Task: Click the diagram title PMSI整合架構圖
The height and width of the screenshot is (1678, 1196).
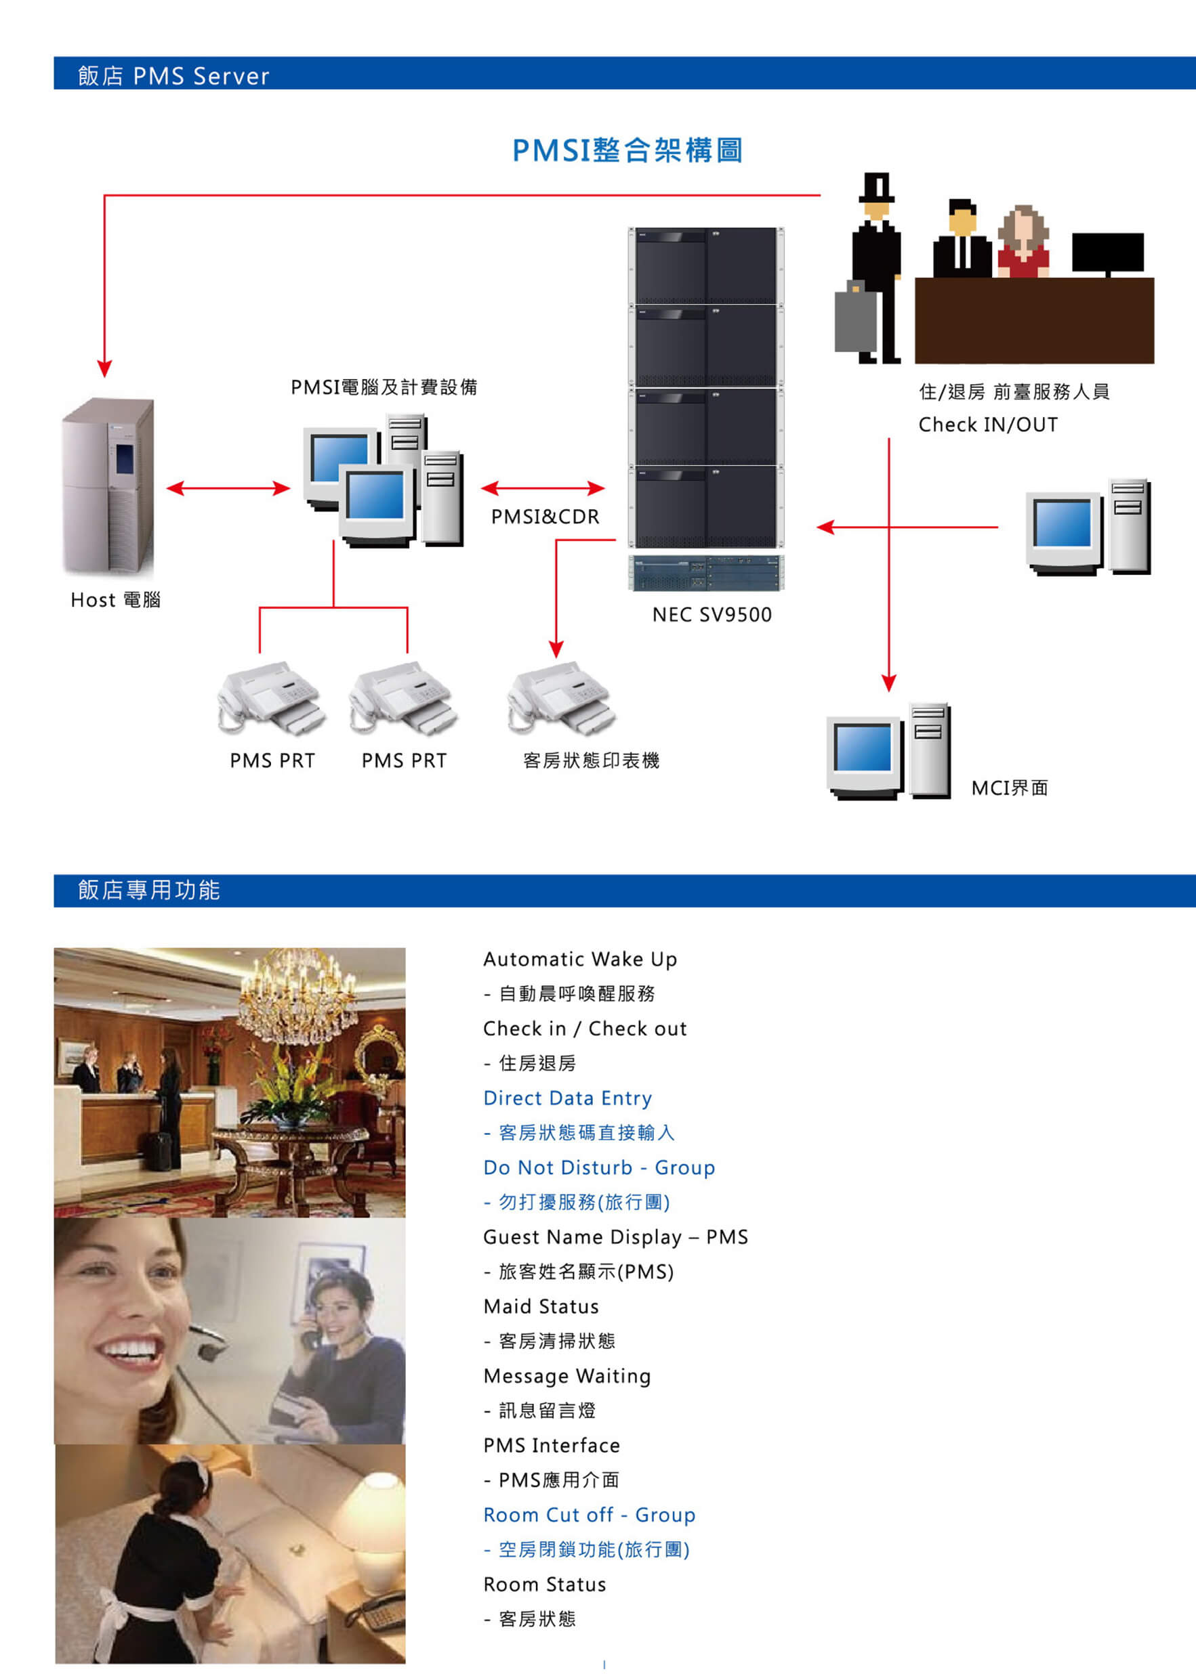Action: [x=627, y=151]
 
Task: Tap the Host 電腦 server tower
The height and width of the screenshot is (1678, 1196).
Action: [x=109, y=485]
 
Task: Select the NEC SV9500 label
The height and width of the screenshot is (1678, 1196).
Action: [x=712, y=615]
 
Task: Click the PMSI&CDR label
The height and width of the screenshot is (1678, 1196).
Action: [x=545, y=517]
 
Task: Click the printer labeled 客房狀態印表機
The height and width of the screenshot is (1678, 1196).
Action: [x=560, y=698]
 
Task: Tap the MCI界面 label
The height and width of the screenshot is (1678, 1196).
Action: [x=1009, y=788]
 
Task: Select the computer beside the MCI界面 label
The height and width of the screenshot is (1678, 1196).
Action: [x=889, y=752]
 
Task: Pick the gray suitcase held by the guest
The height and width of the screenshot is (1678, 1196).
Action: [x=854, y=320]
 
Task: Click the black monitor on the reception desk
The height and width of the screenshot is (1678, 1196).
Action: [x=1108, y=253]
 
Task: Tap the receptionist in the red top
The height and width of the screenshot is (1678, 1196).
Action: [x=1024, y=243]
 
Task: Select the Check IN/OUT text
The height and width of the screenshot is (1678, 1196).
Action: [x=987, y=425]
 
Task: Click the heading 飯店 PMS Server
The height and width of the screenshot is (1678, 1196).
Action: [x=173, y=76]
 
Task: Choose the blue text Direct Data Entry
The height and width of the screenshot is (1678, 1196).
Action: [x=567, y=1098]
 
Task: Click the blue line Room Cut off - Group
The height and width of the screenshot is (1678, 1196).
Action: [x=589, y=1515]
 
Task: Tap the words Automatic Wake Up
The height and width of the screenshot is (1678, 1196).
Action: [x=579, y=959]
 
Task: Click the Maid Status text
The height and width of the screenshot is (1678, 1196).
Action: [x=541, y=1306]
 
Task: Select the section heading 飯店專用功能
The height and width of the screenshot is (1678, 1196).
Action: [x=149, y=890]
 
